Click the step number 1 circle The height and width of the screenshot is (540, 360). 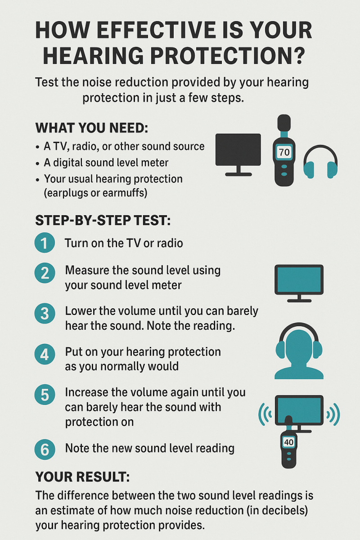(45, 243)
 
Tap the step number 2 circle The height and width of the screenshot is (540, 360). (45, 273)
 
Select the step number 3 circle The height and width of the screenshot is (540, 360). (45, 314)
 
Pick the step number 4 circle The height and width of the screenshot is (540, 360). (45, 355)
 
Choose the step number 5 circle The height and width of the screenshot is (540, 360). (45, 395)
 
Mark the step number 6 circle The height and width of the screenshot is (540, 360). (45, 450)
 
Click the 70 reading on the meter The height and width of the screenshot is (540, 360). (284, 152)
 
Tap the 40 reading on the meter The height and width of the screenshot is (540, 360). (288, 442)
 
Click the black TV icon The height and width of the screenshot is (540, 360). (238, 155)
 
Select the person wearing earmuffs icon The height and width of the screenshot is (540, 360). (299, 351)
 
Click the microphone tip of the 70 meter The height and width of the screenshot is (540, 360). (284, 122)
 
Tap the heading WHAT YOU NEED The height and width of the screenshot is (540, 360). (92, 128)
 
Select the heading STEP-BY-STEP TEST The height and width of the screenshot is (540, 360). (103, 220)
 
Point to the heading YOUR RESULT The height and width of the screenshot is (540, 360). (82, 477)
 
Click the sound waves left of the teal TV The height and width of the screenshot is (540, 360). (265, 414)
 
